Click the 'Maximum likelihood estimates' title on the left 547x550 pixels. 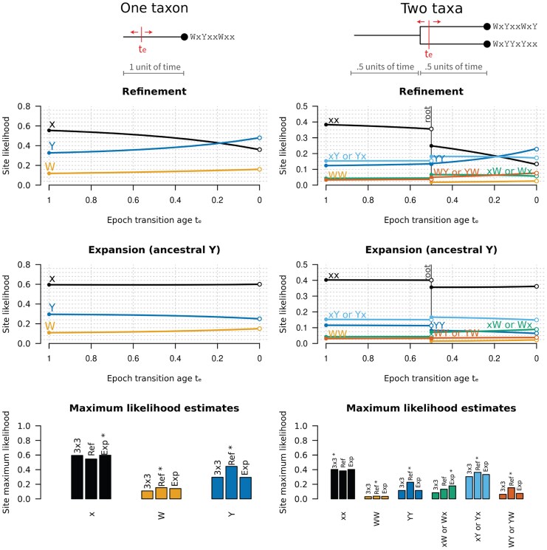point(154,408)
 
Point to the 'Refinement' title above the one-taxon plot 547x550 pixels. point(154,92)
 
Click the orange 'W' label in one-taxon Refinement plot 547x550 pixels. point(50,166)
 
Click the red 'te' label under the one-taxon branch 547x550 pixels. point(143,50)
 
